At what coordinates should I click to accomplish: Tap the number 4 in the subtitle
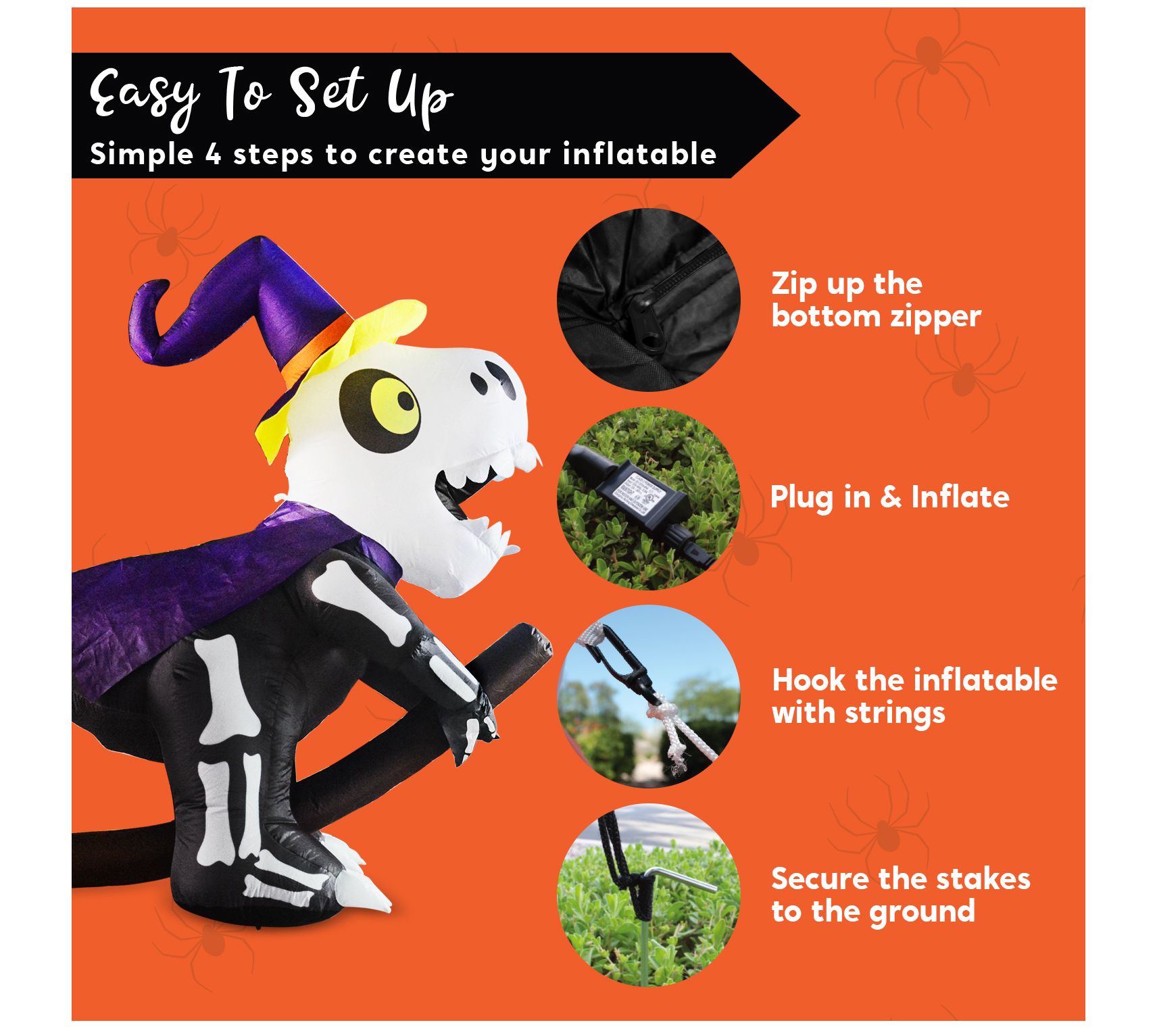pyautogui.click(x=213, y=155)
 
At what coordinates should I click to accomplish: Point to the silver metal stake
pyautogui.click(x=679, y=878)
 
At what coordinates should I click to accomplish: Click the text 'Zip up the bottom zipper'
pyautogui.click(x=876, y=299)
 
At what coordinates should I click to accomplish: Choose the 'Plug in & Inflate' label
pyautogui.click(x=889, y=498)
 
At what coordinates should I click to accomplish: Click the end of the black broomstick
pyautogui.click(x=534, y=643)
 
